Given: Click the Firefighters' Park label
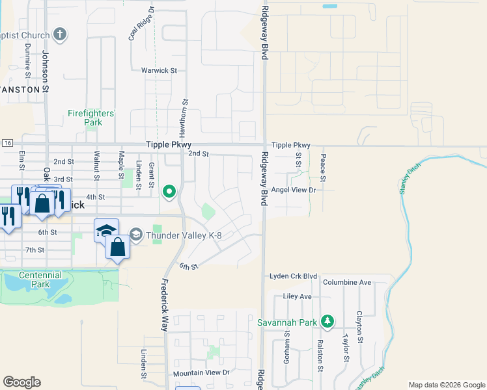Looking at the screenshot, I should point(92,118).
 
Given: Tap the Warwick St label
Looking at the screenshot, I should point(160,70).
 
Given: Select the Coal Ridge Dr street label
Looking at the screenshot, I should point(141,24).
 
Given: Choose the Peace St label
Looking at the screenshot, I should point(323,167).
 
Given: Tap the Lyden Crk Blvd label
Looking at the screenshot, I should point(293,276).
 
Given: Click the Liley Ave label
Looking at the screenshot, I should point(298,296).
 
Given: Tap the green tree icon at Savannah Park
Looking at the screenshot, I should point(328,322).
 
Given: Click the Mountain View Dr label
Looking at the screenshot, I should point(202,373).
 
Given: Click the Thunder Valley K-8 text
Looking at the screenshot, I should point(184,235).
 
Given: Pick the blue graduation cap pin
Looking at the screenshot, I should point(106,231).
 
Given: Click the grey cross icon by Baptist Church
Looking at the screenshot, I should point(60,34).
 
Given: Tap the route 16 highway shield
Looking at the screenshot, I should point(7,142).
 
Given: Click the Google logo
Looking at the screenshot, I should point(21,382).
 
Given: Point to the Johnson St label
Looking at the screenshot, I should point(46,67).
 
